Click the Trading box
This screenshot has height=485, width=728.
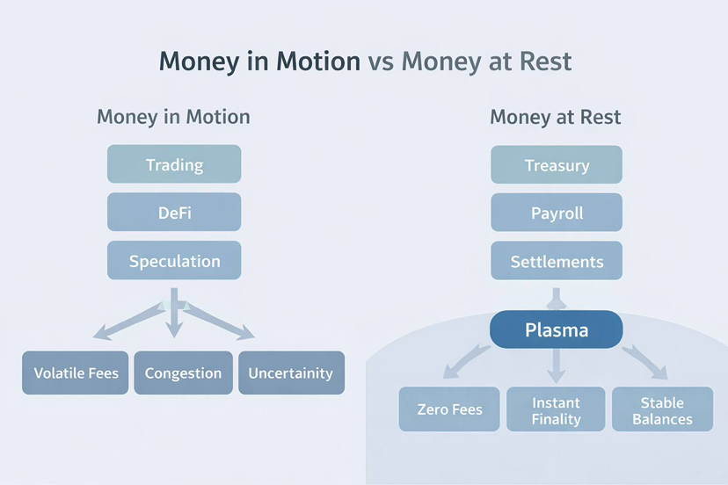174,165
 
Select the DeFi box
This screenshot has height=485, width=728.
174,213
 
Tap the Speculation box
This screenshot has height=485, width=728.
174,261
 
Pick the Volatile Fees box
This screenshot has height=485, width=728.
76,373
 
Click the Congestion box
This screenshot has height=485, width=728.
183,373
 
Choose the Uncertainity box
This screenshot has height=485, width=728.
290,373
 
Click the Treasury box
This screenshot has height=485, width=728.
557,165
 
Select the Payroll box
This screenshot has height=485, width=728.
557,213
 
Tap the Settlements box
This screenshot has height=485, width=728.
557,261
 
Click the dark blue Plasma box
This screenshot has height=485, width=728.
557,330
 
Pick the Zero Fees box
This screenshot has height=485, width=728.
449,409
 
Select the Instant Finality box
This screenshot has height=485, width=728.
557,409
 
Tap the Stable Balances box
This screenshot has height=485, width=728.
662,409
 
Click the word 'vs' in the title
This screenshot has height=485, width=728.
381,62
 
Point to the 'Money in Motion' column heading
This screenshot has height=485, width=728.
173,117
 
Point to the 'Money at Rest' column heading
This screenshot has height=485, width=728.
556,117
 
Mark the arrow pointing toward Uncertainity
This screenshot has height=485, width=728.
224,323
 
